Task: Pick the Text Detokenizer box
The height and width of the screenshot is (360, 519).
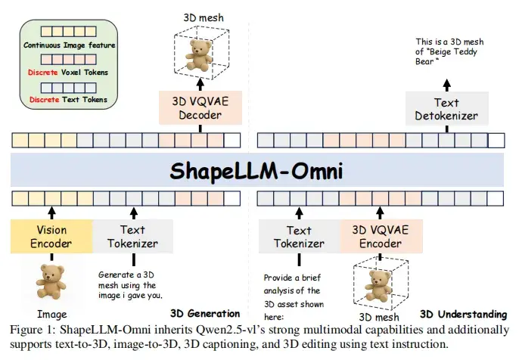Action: tap(446, 108)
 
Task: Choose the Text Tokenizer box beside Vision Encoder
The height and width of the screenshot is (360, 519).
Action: tap(133, 236)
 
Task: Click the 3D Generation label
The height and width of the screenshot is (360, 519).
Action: tap(205, 313)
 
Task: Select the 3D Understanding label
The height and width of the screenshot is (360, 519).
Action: tap(463, 313)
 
